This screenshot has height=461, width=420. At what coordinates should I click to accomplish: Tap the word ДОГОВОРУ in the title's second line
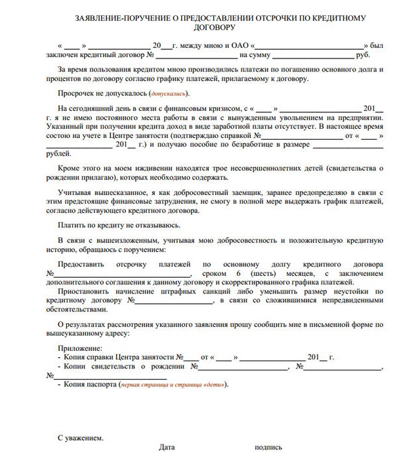click(211, 28)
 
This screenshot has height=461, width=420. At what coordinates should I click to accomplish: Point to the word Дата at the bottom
click(167, 447)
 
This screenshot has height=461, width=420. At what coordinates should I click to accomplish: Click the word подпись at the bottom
click(268, 447)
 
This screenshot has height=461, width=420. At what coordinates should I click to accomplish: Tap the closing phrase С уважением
click(81, 437)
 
